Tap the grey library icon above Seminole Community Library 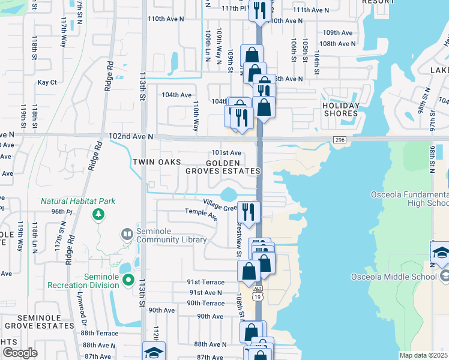(126, 233)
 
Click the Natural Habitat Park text (78, 202)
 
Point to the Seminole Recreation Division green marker (128, 279)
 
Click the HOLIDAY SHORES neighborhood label (341, 110)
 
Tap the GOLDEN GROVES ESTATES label (223, 167)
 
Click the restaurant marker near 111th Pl (259, 11)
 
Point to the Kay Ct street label (47, 82)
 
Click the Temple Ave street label (200, 211)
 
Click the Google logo (20, 352)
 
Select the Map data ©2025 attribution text (423, 355)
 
